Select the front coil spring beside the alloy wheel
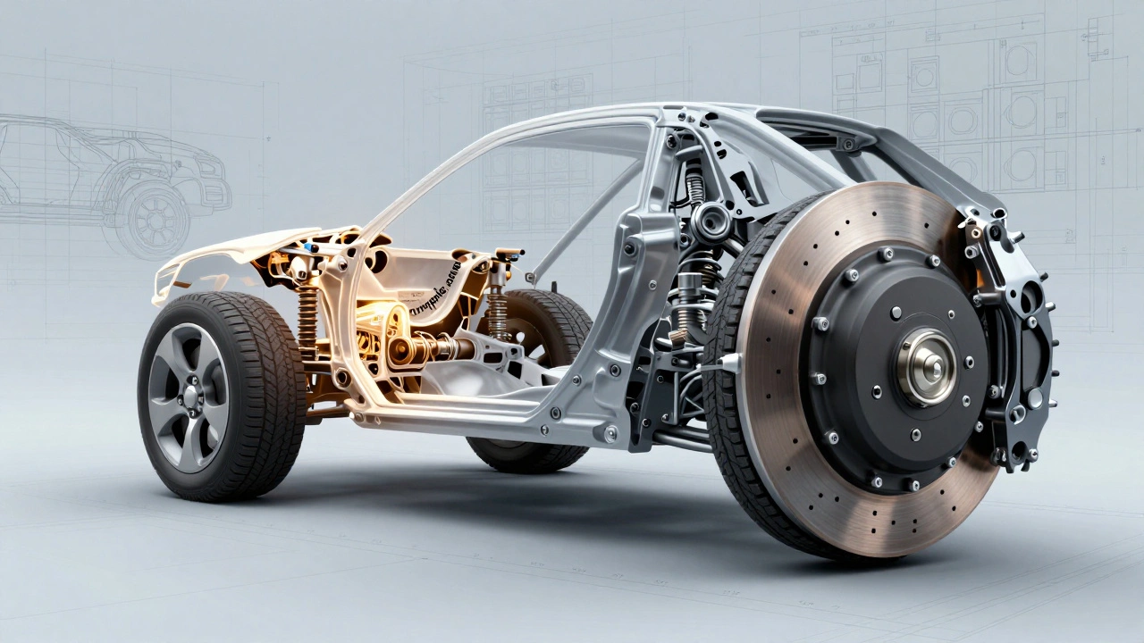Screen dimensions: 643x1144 pyautogui.click(x=307, y=321)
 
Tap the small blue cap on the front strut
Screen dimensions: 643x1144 pyautogui.click(x=308, y=245)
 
